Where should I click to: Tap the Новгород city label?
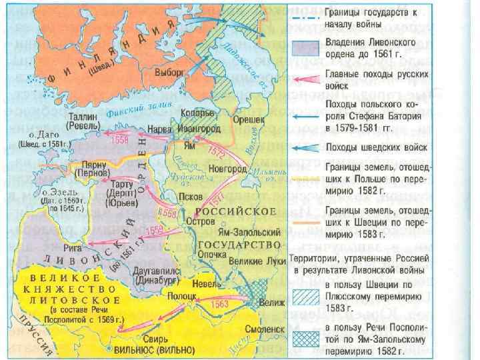pos(227,169)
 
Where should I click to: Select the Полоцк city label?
pos(181,294)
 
